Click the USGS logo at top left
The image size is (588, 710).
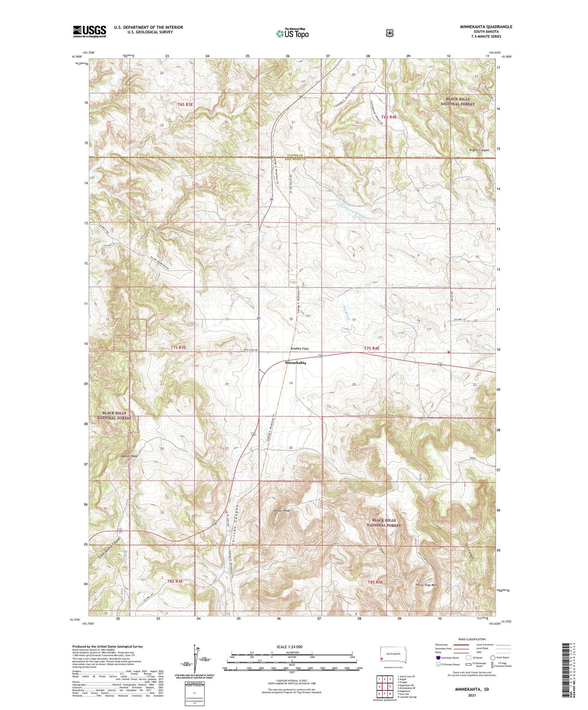[x=90, y=31]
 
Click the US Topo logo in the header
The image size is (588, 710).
[x=292, y=33]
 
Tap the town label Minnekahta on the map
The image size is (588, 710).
[x=295, y=362]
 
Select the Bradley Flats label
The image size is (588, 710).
[x=300, y=349]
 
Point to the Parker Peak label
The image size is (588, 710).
[x=282, y=510]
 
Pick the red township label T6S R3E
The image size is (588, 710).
[x=185, y=105]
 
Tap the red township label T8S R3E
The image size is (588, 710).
[x=175, y=582]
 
